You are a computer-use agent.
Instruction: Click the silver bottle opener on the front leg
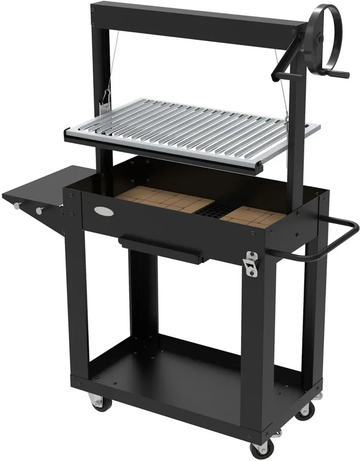(251, 263)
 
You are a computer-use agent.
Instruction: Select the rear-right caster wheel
(304, 410)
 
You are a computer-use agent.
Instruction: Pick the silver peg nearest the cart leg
(40, 210)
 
